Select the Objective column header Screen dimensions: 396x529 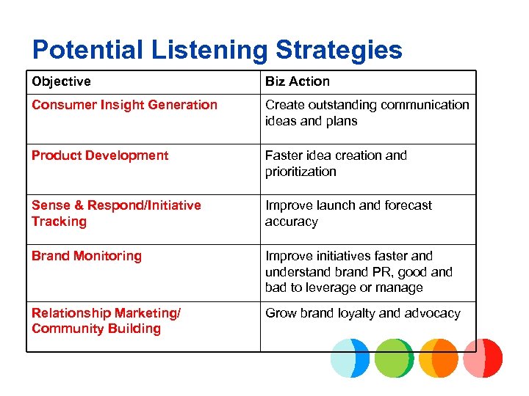[62, 81]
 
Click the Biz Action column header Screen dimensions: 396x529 [298, 81]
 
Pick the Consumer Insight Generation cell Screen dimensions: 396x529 [124, 105]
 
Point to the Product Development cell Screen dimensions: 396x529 [100, 155]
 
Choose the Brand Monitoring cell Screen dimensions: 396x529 [87, 256]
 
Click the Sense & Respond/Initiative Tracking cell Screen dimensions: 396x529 [116, 213]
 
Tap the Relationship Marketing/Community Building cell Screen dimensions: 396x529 [106, 321]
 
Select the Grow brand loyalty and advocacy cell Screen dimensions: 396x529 [363, 313]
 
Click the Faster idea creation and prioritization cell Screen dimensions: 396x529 [336, 164]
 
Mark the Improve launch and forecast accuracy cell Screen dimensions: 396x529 [348, 213]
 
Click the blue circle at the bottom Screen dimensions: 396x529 [350, 358]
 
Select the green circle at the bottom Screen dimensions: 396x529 [395, 358]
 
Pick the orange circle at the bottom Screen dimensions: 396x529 [439, 358]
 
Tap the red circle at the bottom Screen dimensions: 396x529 [483, 358]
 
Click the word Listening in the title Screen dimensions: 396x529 [212, 50]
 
